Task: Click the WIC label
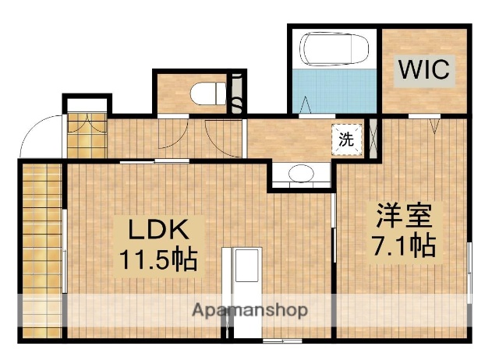[x=425, y=69]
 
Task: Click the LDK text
[x=157, y=229]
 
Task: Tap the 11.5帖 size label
[x=157, y=258]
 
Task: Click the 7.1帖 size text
[x=402, y=245]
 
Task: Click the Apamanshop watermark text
[x=249, y=309]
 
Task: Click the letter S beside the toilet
[x=235, y=101]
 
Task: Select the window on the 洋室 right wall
[x=469, y=268]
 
